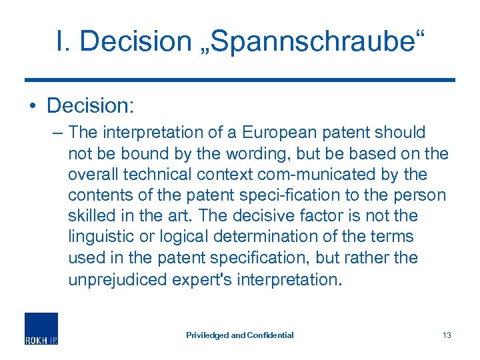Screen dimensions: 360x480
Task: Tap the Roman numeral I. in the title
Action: tap(65, 41)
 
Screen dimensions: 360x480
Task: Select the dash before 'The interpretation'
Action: tap(57, 133)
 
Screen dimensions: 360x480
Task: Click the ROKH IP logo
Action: tap(41, 328)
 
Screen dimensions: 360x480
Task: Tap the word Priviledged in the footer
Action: tap(207, 335)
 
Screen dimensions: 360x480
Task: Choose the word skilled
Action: tap(90, 215)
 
